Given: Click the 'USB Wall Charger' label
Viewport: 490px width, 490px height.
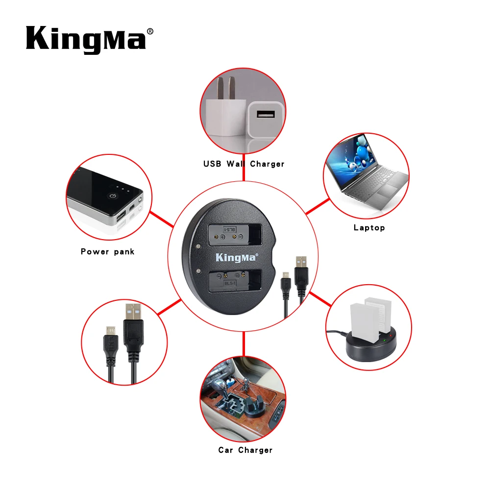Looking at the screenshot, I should [244, 164].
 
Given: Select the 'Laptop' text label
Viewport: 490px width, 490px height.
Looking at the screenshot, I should [369, 227].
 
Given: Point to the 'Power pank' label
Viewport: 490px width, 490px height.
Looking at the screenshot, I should [107, 251].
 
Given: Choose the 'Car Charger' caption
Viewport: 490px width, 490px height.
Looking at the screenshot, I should [245, 450].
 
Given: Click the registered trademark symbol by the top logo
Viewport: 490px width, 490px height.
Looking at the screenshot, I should [150, 31].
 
